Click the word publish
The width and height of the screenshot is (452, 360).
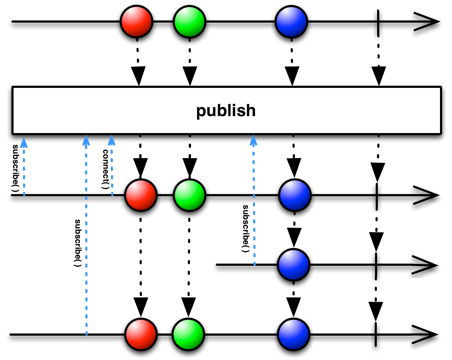[226, 111]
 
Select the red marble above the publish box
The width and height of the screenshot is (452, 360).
[136, 22]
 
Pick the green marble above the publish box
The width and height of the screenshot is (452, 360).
[189, 22]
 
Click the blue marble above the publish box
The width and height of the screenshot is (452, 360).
[291, 22]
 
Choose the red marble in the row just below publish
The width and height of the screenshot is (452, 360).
[141, 195]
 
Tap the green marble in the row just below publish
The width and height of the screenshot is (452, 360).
[189, 195]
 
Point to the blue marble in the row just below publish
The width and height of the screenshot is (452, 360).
[295, 195]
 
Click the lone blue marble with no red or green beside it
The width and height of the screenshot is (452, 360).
[293, 265]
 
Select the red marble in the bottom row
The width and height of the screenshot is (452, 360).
[141, 334]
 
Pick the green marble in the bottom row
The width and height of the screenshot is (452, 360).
[188, 334]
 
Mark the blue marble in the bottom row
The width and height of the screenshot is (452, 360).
[293, 334]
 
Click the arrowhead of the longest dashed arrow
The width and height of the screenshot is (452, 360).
[86, 140]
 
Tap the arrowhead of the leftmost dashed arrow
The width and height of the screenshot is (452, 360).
[24, 143]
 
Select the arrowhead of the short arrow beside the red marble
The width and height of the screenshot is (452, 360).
[112, 140]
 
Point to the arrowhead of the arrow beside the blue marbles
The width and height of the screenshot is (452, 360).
[253, 140]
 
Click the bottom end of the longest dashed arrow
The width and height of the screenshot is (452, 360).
[87, 334]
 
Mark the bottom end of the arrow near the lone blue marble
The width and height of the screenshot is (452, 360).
[254, 264]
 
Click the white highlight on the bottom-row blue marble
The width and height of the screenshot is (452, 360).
[288, 328]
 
